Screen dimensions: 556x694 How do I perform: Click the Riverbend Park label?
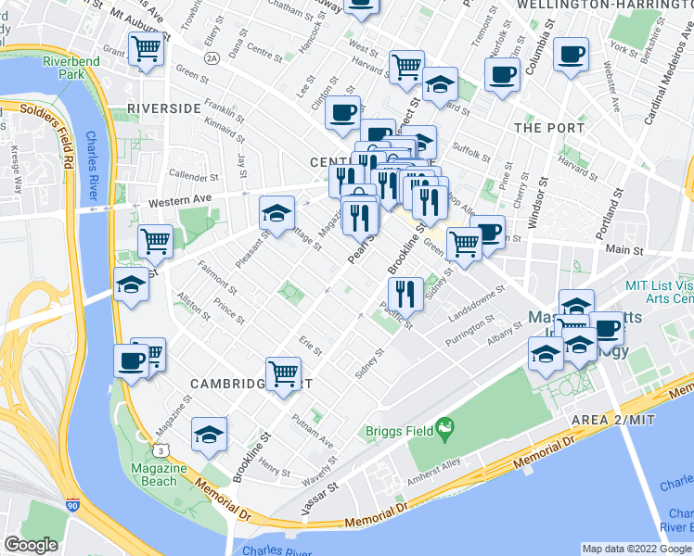point(62,68)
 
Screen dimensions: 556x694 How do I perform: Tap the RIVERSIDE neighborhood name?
point(164,108)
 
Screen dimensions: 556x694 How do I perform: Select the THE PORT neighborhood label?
point(548,128)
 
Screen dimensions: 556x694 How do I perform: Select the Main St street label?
point(624,249)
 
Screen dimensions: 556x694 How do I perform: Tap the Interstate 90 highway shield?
point(73,506)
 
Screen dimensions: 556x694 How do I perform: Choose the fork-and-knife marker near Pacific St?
point(405,295)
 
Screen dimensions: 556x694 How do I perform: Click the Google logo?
point(32,545)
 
